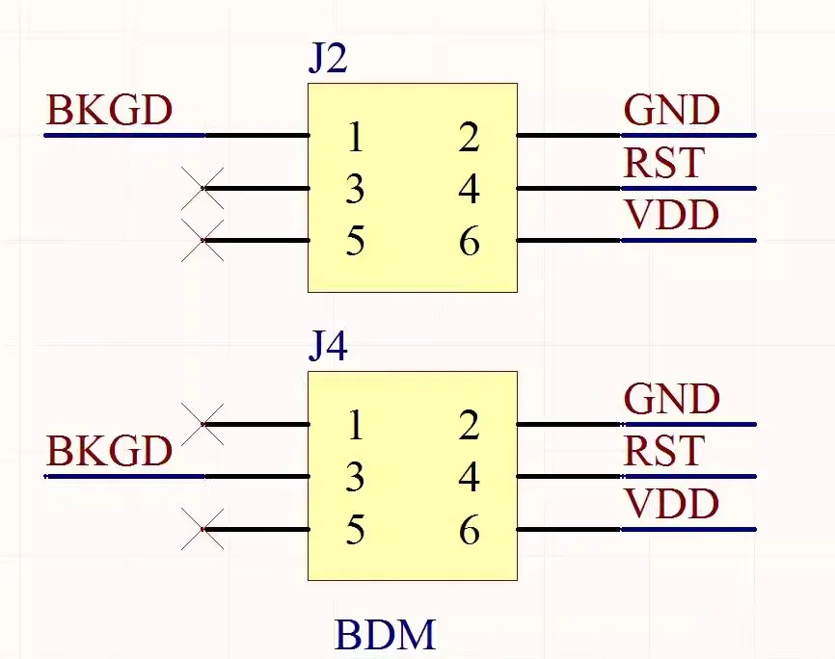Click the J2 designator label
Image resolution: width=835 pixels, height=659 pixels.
pos(328,58)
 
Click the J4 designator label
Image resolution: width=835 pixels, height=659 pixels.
pos(328,346)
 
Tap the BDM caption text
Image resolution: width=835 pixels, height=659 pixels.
pos(386,634)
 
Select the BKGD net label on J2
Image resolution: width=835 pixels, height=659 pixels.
pos(110,110)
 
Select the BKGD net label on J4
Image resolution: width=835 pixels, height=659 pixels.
pos(110,451)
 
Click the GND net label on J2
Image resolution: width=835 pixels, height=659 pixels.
pos(671,110)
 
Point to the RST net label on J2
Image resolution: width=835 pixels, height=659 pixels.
pos(664,163)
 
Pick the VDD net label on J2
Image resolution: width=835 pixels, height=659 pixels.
pos(671,215)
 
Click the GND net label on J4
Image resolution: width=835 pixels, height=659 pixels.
pos(671,399)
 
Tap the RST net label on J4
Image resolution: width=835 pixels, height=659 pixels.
pos(664,450)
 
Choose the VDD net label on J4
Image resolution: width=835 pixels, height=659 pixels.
pos(671,503)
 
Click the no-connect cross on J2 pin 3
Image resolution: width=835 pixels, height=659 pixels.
pos(202,188)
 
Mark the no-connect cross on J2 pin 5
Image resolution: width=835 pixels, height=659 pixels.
pos(202,241)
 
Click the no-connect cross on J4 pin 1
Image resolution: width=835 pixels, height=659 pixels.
pos(202,424)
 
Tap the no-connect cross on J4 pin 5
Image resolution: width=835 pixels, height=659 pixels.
pos(202,529)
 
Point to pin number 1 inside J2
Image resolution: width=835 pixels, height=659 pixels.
pos(355,137)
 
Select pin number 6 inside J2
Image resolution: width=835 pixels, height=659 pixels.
pos(470,242)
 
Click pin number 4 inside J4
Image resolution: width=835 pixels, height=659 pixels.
pos(470,477)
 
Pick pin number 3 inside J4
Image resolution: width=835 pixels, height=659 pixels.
pos(355,477)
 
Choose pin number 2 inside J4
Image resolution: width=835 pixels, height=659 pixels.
pos(469,425)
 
